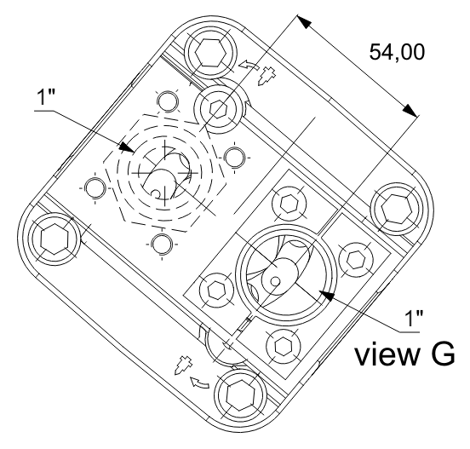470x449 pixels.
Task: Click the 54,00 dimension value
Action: [397, 52]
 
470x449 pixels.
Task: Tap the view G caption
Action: [404, 354]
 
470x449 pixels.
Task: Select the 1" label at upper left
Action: [45, 97]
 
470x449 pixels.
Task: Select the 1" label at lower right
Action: [414, 319]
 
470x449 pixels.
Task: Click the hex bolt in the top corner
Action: [210, 53]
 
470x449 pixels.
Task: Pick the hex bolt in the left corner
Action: [54, 239]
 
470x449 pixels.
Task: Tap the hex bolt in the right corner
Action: [396, 208]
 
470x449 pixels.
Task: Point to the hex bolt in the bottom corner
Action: [241, 395]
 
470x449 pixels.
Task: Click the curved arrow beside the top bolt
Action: [248, 64]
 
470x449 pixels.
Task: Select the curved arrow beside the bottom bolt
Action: [199, 383]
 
